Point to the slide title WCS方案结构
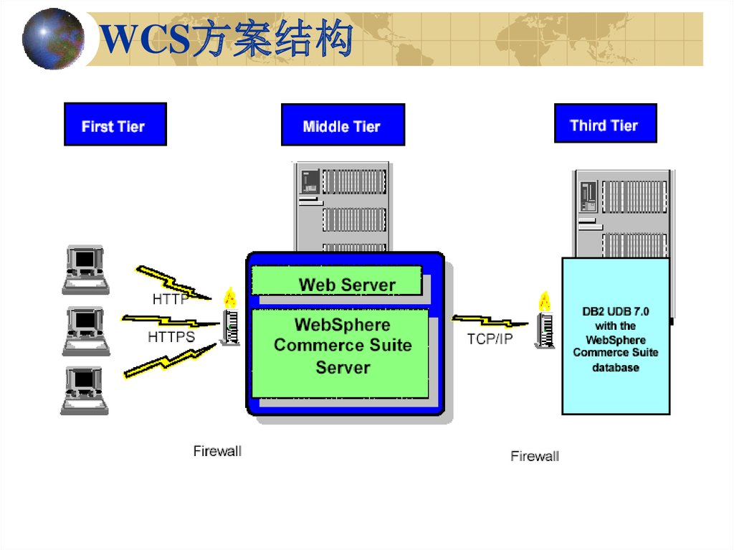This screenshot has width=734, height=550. [227, 40]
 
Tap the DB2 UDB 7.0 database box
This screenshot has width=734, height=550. [615, 336]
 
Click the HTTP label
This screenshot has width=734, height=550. [170, 299]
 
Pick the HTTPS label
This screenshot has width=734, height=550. [171, 336]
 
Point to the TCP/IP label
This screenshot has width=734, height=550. [490, 339]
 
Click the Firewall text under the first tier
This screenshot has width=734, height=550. [217, 451]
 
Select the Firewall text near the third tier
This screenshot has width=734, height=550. [535, 456]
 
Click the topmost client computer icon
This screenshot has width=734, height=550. [85, 269]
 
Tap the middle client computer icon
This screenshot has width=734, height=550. [85, 331]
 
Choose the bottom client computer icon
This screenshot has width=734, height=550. [85, 390]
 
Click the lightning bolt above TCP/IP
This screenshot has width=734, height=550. [490, 321]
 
